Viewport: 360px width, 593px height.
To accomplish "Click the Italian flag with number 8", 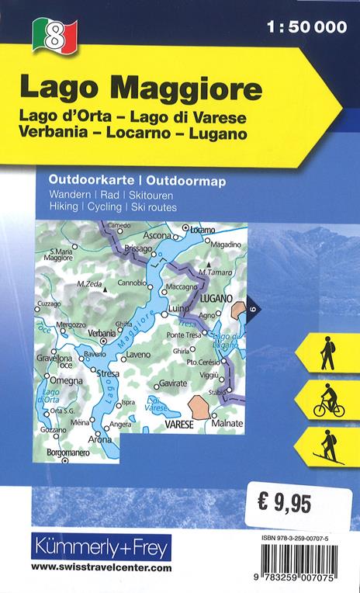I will coord(54,34).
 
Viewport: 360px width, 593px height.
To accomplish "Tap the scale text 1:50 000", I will coord(309,28).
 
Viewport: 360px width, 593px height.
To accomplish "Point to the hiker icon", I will coord(327,352).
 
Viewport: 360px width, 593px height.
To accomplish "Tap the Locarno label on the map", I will coord(202,230).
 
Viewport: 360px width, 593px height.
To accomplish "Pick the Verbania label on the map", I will coord(102,333).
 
